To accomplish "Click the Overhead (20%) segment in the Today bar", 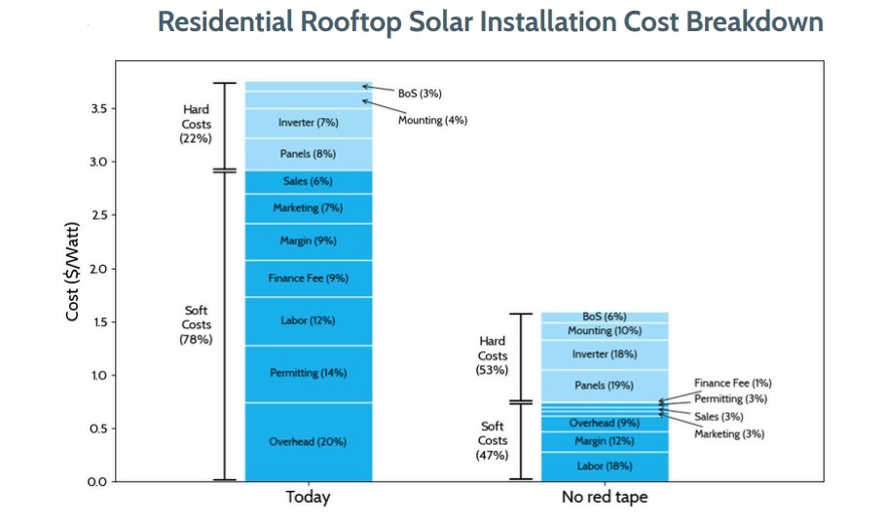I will (308, 441).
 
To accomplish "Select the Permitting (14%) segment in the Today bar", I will (308, 373).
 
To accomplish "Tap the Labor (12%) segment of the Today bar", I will (308, 320).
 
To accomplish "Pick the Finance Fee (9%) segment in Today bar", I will (308, 279).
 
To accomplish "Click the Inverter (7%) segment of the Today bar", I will (308, 123).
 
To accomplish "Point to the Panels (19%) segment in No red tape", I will (604, 385).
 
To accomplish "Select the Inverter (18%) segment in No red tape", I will (604, 354).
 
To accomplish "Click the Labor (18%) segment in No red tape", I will (604, 467).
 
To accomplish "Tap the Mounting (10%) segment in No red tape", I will (604, 331).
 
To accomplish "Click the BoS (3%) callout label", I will (420, 93).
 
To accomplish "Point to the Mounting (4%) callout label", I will (432, 120).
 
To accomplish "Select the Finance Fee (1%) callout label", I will (732, 384).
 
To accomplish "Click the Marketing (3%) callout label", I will (729, 434).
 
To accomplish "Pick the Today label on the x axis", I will (308, 498).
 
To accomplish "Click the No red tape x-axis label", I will (604, 498).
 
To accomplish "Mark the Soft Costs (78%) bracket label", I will (196, 324).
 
